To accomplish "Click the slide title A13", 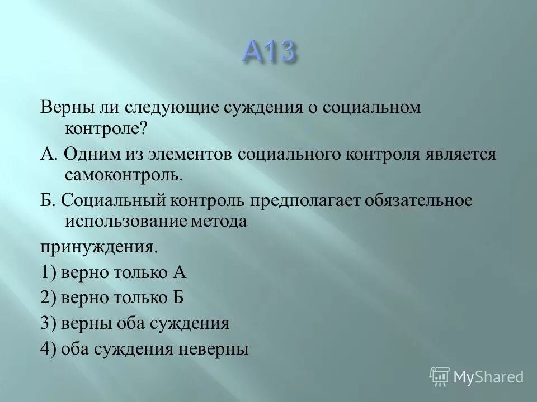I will [x=268, y=53].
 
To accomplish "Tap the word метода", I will [x=220, y=222].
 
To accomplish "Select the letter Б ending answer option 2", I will [x=177, y=298].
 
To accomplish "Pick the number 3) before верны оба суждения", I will [x=48, y=323].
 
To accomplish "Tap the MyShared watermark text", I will [x=489, y=377].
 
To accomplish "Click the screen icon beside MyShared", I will [x=439, y=376].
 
